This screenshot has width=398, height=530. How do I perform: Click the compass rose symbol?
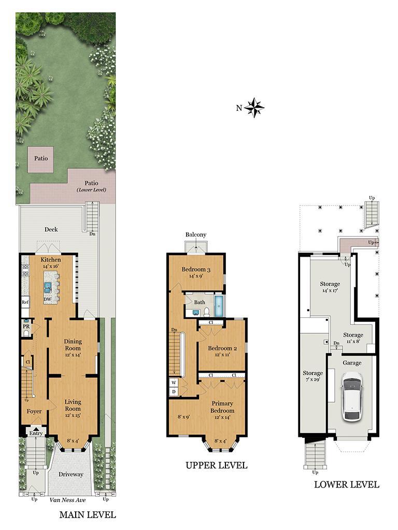point(254,108)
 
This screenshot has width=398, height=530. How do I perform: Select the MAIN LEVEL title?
point(88,515)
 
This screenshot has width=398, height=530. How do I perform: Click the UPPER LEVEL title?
point(217,465)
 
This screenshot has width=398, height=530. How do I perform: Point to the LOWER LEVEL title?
point(347,485)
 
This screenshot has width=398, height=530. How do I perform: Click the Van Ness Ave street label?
point(68,500)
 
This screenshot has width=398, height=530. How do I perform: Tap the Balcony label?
point(196,235)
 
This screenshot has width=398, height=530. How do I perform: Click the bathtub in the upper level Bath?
point(219,306)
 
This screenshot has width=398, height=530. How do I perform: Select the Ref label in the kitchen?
point(25,302)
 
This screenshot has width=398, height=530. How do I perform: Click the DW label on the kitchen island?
point(48,299)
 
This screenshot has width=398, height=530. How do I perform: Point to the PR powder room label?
point(25,327)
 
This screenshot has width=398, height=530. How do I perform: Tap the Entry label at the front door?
point(35,434)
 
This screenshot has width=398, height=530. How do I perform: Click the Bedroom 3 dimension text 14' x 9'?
point(196,277)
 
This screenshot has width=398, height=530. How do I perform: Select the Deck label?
point(51,230)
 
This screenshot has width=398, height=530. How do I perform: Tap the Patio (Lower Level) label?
point(91,186)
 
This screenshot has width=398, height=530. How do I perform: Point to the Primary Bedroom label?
point(222,407)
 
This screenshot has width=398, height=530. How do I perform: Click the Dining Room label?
point(73,345)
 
